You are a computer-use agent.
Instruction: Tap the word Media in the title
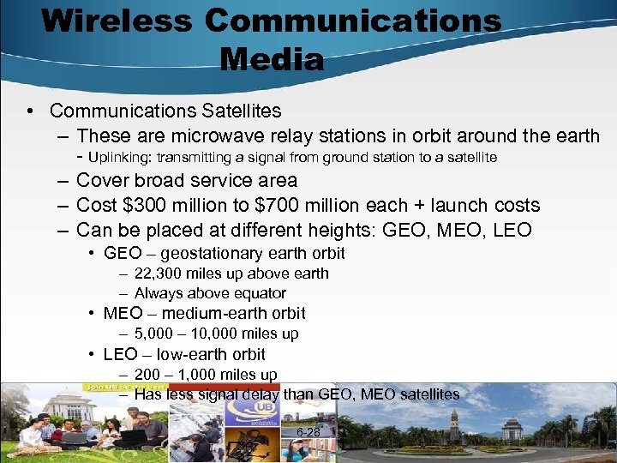coord(272,59)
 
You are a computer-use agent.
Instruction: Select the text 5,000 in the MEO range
coord(155,334)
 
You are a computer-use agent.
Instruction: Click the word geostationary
coord(213,253)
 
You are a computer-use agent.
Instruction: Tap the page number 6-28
coord(308,432)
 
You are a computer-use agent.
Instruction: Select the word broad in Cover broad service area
coord(156,181)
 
